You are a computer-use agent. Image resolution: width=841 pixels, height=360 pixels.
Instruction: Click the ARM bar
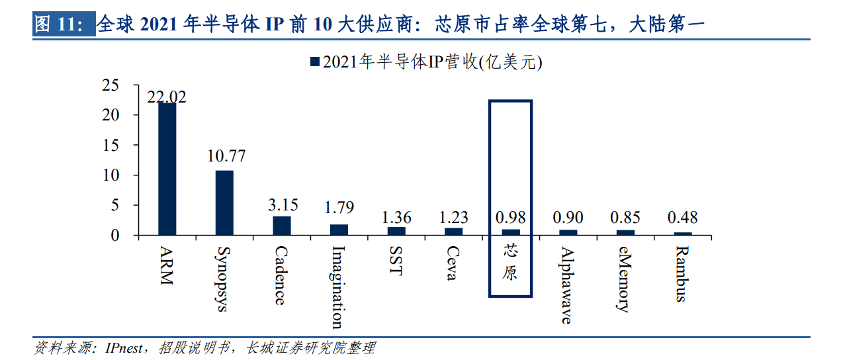click(x=167, y=169)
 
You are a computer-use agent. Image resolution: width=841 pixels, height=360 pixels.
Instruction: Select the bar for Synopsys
click(x=224, y=202)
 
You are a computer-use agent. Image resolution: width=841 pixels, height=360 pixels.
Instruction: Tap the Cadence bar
click(x=282, y=226)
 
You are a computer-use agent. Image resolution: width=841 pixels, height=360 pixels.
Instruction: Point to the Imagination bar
click(x=339, y=230)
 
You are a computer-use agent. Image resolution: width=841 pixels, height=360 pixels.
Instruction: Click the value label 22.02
click(x=167, y=97)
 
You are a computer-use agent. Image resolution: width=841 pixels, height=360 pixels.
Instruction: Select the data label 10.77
click(x=226, y=156)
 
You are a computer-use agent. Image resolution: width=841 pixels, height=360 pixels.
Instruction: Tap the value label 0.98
click(x=511, y=217)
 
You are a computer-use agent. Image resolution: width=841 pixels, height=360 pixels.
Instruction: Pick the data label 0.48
click(x=682, y=217)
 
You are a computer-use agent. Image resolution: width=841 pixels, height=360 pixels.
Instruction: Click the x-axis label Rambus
click(x=682, y=273)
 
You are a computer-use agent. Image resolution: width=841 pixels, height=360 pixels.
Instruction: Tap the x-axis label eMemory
click(x=623, y=279)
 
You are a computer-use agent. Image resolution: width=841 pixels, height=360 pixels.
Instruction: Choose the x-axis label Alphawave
click(x=566, y=285)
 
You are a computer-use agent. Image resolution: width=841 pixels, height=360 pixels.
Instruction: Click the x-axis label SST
click(x=396, y=262)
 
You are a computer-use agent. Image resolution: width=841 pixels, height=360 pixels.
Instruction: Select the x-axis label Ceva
click(x=453, y=263)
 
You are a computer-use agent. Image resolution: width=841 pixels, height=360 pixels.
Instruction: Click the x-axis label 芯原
click(x=509, y=262)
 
